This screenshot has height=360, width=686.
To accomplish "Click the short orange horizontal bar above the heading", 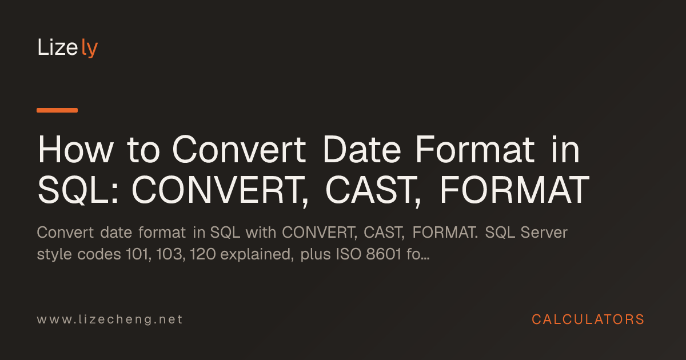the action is [57, 110].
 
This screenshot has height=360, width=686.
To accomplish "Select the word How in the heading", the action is [75, 150].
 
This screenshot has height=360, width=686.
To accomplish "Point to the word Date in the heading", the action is [362, 150].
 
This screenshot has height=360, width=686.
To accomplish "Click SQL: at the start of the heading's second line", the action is [78, 190].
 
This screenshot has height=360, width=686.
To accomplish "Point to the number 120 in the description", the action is [203, 254].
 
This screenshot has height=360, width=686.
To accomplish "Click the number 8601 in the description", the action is [384, 254].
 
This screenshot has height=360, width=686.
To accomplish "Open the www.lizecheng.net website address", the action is [110, 319].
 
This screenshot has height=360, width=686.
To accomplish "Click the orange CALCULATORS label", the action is [588, 319].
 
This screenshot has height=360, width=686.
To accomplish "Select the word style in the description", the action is [54, 255].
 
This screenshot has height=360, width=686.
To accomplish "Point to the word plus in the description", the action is [316, 255].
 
